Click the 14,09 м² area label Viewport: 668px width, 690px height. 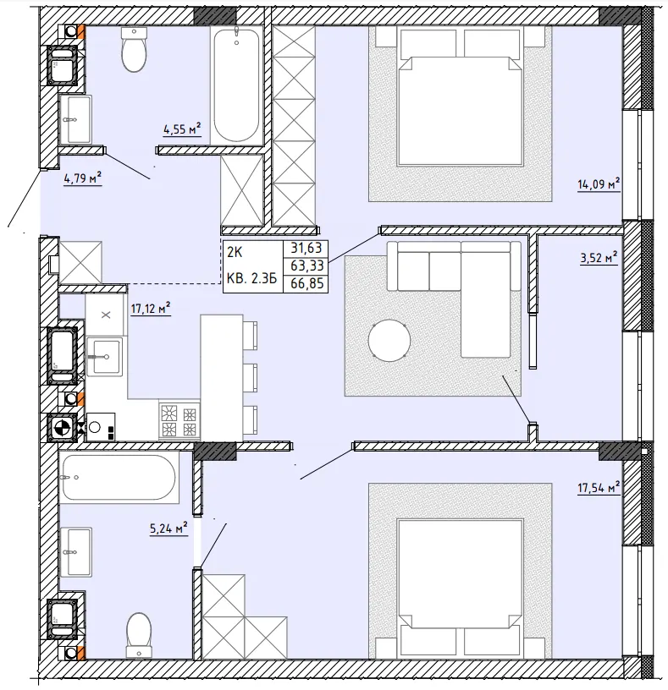tap(599, 183)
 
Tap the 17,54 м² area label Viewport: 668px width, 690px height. tap(599, 487)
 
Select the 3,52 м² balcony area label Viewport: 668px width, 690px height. tap(599, 257)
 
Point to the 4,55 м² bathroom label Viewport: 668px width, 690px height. tap(182, 129)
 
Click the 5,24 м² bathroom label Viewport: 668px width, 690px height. tap(168, 528)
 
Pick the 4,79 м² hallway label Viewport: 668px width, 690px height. tap(83, 178)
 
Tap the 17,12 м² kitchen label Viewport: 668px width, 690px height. tap(150, 309)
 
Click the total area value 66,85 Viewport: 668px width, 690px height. tap(306, 284)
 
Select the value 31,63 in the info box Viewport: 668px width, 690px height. tap(306, 249)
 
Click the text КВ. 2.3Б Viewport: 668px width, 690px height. tap(251, 278)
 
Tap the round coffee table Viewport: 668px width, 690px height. tap(389, 340)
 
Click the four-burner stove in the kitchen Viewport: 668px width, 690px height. tap(179, 421)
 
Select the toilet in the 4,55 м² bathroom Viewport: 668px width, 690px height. tap(134, 49)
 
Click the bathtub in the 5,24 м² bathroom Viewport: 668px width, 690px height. tap(119, 478)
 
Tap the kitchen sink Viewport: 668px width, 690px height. tap(104, 357)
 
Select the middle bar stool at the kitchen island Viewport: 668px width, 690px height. tap(250, 378)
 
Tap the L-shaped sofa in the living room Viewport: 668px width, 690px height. tap(454, 290)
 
